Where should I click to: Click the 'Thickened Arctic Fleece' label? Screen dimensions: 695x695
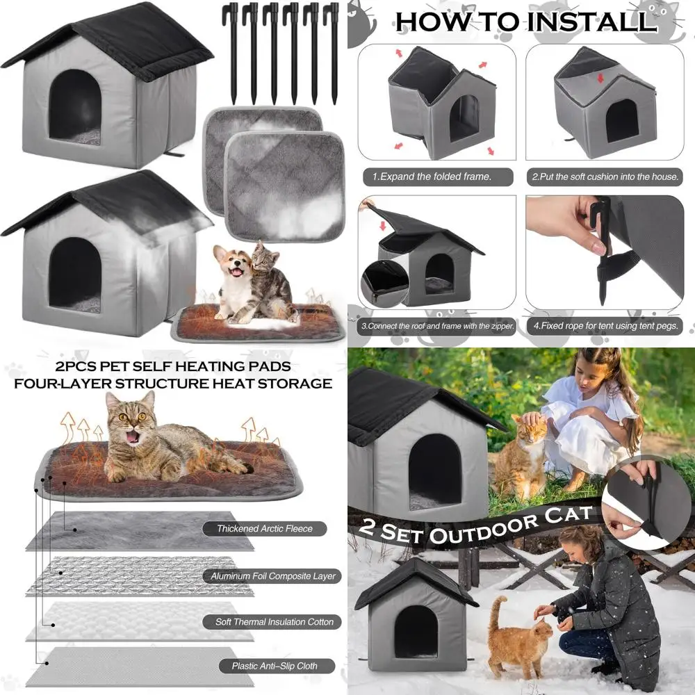265,528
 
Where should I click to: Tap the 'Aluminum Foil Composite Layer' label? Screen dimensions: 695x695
272,575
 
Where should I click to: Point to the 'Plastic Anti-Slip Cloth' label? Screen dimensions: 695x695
275,666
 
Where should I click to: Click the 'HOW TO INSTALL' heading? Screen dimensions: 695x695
525,22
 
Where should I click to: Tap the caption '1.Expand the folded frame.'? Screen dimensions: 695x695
437,177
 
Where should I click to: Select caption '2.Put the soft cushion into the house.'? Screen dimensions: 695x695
605,177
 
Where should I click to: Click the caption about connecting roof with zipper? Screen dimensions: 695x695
437,326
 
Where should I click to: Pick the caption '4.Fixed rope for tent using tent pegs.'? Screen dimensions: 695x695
605,326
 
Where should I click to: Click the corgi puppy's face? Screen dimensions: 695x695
233,265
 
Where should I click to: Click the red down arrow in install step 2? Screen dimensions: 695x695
600,78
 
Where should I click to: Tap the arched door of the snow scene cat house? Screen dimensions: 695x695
416,632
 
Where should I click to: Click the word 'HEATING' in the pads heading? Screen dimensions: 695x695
209,366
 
